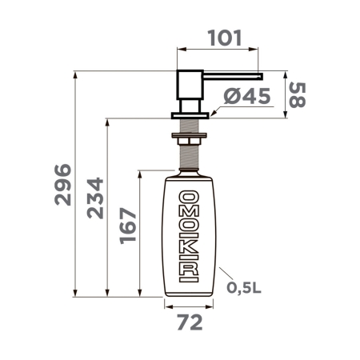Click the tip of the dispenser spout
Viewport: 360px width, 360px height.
coord(260,75)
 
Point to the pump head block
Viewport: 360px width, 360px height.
coord(190,86)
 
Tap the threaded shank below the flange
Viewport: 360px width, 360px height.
coord(190,128)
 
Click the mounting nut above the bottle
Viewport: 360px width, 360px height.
coord(190,145)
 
